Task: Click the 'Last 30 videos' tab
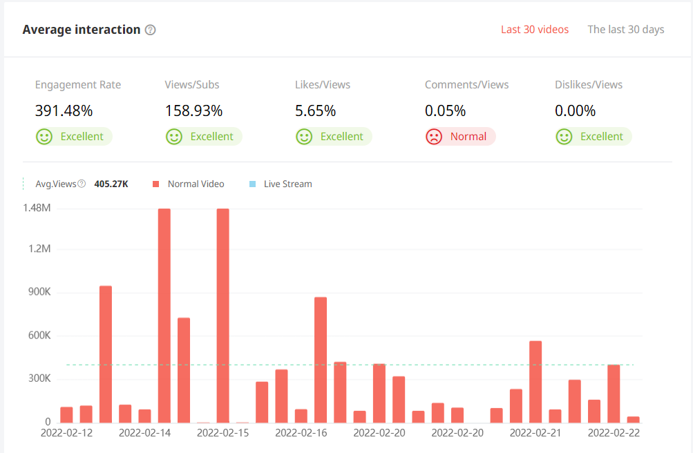point(535,30)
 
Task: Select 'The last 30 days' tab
point(625,30)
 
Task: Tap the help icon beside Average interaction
point(151,30)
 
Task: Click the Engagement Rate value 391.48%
point(64,110)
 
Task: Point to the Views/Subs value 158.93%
point(193,110)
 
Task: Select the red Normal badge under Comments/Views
point(460,137)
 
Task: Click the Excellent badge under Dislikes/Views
point(594,137)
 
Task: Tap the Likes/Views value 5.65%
point(316,110)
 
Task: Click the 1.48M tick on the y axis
point(37,208)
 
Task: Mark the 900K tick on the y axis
point(38,292)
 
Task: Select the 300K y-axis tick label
point(38,379)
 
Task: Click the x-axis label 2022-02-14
point(145,433)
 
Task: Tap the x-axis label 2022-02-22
point(614,433)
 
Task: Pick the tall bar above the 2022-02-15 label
point(222,315)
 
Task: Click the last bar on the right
point(633,419)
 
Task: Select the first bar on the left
point(66,414)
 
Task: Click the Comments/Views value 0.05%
point(446,110)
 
